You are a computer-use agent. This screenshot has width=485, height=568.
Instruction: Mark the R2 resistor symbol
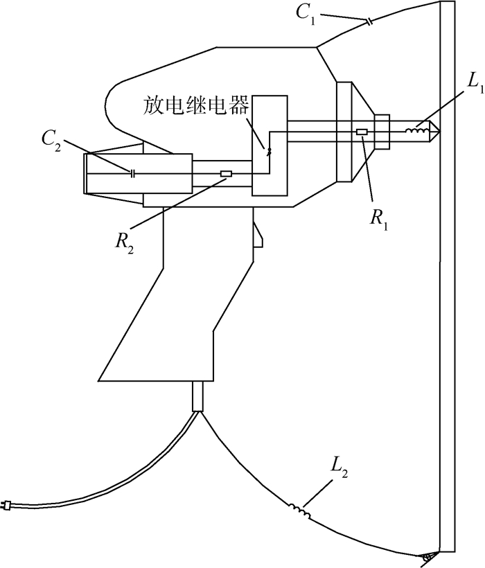225,174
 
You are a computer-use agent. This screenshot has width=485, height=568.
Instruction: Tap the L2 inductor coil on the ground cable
300,511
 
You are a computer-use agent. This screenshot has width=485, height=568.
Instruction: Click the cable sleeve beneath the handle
197,396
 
